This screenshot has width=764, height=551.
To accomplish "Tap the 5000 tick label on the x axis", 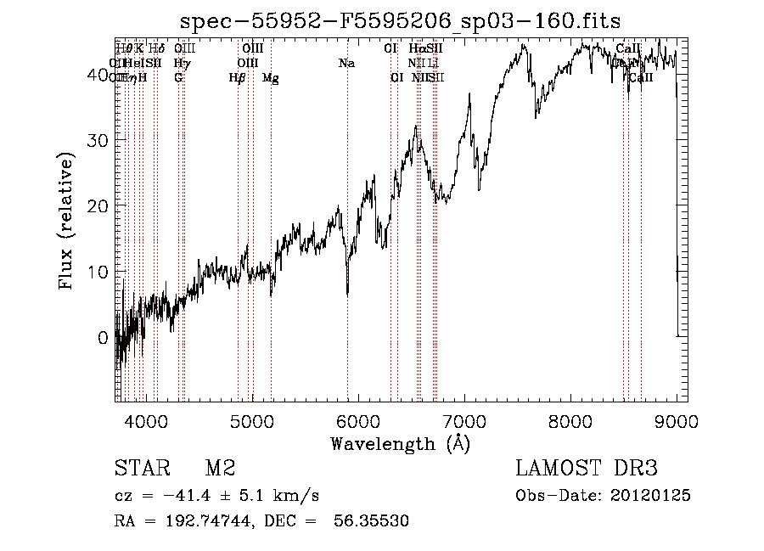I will click(251, 420).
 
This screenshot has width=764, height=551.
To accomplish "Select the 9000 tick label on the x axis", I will click(677, 420).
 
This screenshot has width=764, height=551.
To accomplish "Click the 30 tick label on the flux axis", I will click(101, 139).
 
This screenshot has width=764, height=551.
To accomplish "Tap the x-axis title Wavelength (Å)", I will click(400, 443).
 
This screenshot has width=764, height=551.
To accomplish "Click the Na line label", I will click(346, 64).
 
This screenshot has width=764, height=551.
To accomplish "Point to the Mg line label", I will click(271, 78).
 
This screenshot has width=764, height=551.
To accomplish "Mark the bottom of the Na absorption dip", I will click(347, 295).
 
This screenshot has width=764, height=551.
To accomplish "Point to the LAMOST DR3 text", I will click(586, 469).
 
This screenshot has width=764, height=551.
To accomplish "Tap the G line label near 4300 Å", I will click(178, 78).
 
